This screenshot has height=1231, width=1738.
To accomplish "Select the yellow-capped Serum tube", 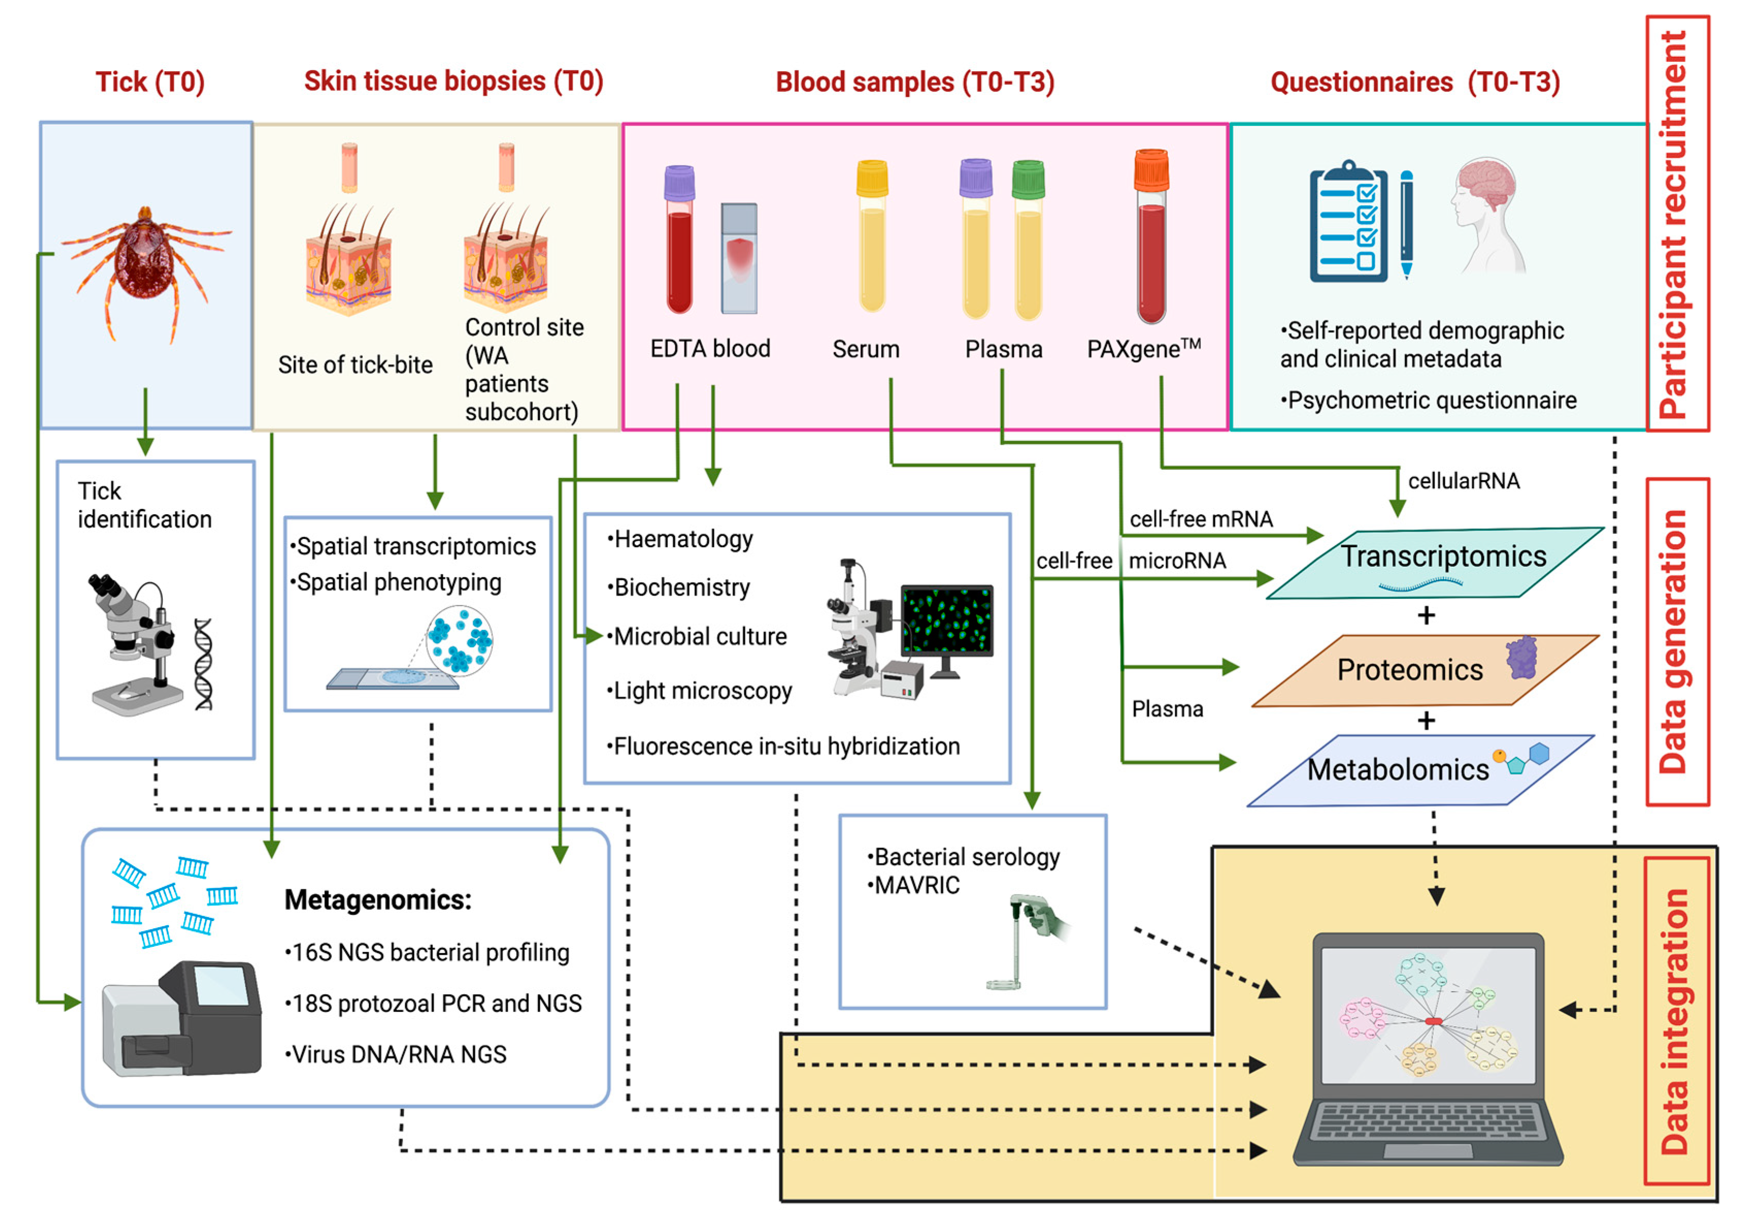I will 872,239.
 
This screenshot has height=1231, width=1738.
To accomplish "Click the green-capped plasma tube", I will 1028,242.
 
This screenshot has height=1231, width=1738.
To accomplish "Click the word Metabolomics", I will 1397,769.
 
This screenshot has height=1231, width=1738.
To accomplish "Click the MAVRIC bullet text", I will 917,885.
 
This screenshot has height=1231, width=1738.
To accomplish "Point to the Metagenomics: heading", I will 377,900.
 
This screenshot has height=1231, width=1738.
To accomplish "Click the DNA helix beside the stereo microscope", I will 203,664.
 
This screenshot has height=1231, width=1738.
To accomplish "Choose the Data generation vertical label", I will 1675,641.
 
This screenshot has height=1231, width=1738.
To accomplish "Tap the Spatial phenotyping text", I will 398,582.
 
